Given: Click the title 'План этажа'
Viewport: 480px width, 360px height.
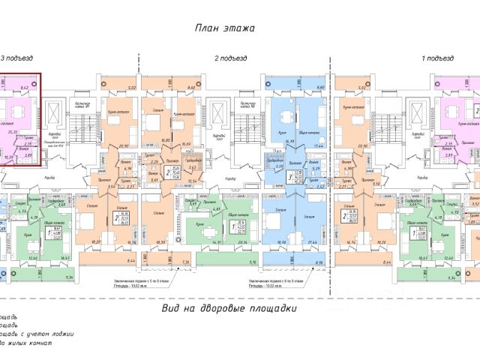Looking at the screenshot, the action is pos(225,28).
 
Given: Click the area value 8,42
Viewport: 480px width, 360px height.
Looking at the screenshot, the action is pos(24,88).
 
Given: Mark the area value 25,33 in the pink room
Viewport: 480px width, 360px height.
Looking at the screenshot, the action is pos(12,132).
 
